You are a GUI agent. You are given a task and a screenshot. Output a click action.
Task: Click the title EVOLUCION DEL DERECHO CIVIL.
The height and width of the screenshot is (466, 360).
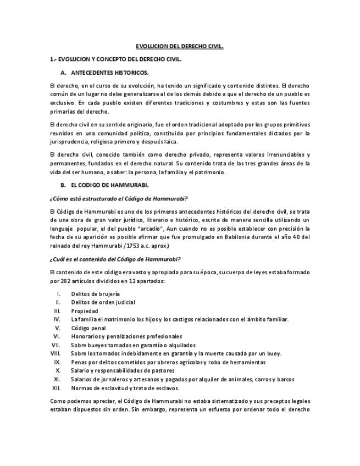[180, 47]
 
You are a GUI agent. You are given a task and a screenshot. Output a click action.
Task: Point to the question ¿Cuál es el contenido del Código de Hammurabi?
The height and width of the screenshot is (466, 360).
[115, 259]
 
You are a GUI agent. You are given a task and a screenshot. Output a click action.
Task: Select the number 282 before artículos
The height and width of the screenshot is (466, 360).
[67, 281]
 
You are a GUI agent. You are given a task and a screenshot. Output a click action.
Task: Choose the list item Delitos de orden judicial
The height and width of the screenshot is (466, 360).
[103, 302]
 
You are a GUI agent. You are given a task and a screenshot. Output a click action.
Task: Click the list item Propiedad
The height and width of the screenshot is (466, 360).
[85, 311]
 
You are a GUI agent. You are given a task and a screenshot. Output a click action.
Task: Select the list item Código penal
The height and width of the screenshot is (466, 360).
[88, 328]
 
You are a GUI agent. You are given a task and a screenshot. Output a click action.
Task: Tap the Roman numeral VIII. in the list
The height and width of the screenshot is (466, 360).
[55, 353]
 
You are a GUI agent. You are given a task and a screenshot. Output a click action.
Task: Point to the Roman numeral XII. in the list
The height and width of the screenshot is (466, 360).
[56, 388]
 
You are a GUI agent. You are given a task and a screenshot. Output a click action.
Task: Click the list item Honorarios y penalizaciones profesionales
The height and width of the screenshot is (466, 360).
[126, 336]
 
